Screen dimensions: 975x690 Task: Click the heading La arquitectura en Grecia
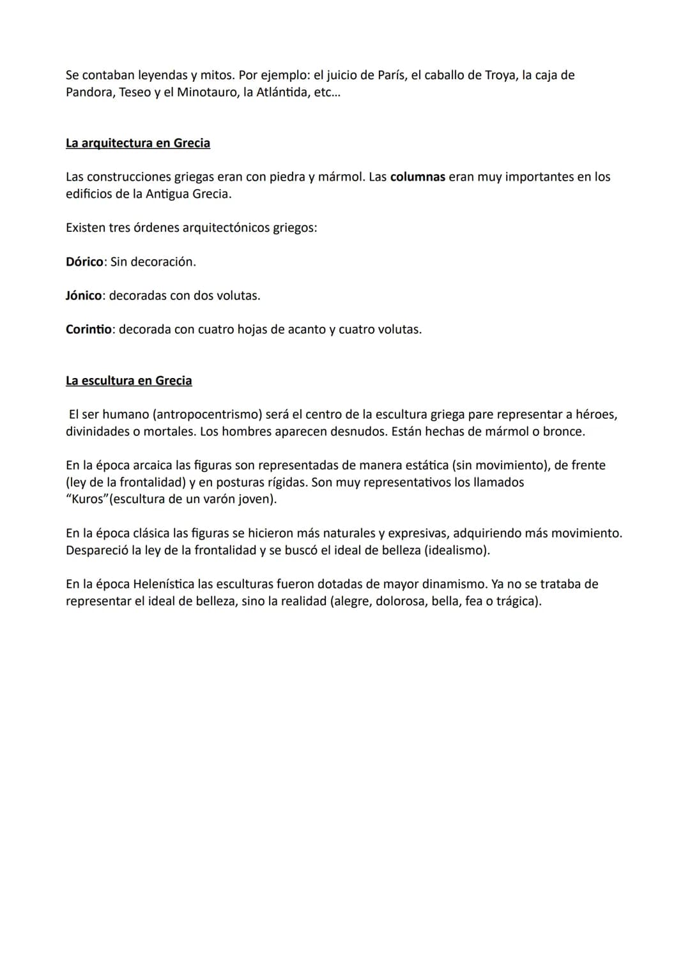(x=137, y=143)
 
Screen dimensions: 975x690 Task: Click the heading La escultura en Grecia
(x=128, y=381)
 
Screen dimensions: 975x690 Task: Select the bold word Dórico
(x=84, y=262)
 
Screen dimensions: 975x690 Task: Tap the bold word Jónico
(x=84, y=296)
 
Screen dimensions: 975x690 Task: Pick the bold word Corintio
(x=88, y=329)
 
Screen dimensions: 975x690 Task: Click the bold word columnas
(x=417, y=177)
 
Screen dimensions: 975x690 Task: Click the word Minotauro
(x=206, y=92)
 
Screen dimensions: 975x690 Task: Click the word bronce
(x=562, y=432)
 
